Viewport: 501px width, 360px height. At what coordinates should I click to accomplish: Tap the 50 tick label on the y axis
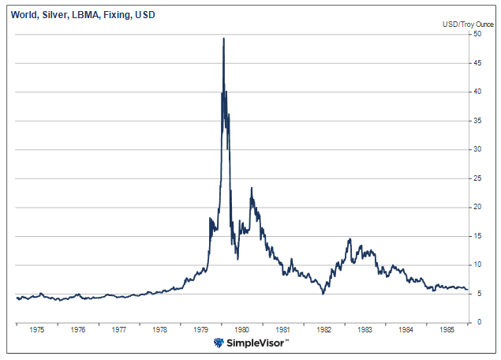coord(477,34)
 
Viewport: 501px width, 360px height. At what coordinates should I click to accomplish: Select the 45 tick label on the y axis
coord(477,63)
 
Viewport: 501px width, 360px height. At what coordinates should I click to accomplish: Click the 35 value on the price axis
coord(477,121)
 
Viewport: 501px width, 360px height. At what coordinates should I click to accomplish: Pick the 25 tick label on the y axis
coord(477,178)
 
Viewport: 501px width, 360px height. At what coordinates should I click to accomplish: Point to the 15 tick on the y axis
coord(477,236)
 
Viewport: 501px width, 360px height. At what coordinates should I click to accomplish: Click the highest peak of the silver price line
coord(223,38)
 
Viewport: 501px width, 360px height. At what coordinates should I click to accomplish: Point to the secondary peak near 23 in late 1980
coord(252,188)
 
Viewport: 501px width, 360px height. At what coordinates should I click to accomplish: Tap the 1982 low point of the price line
coord(323,294)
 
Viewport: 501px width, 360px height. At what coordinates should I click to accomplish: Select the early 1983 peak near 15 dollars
coord(348,238)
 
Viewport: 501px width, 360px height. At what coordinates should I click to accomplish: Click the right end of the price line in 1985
coord(467,289)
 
